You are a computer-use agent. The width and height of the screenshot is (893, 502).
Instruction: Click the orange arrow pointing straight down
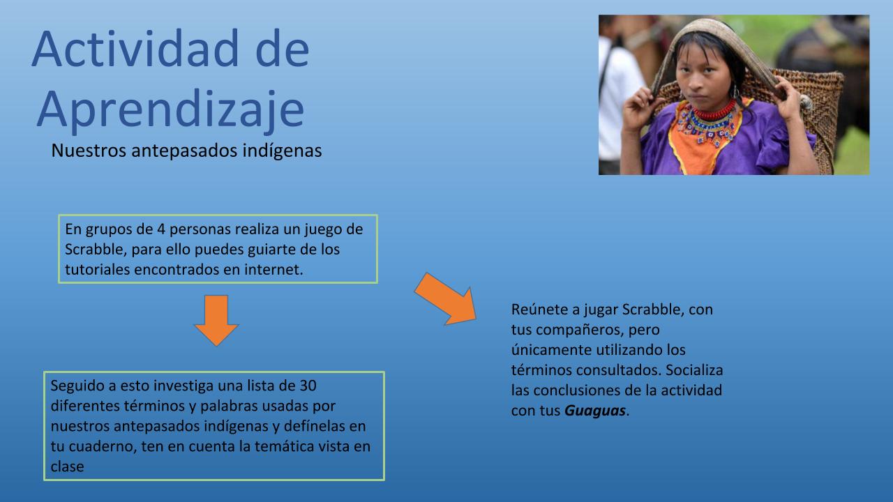pos(216,320)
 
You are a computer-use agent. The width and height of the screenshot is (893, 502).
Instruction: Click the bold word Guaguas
pos(595,411)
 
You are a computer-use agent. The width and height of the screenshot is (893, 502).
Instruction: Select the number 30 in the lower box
pos(308,386)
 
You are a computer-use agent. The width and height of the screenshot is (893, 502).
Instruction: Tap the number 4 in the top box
pos(161,229)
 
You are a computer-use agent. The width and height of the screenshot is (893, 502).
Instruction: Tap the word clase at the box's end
pos(67,466)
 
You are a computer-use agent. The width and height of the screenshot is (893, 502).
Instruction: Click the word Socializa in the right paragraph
pos(694,370)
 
